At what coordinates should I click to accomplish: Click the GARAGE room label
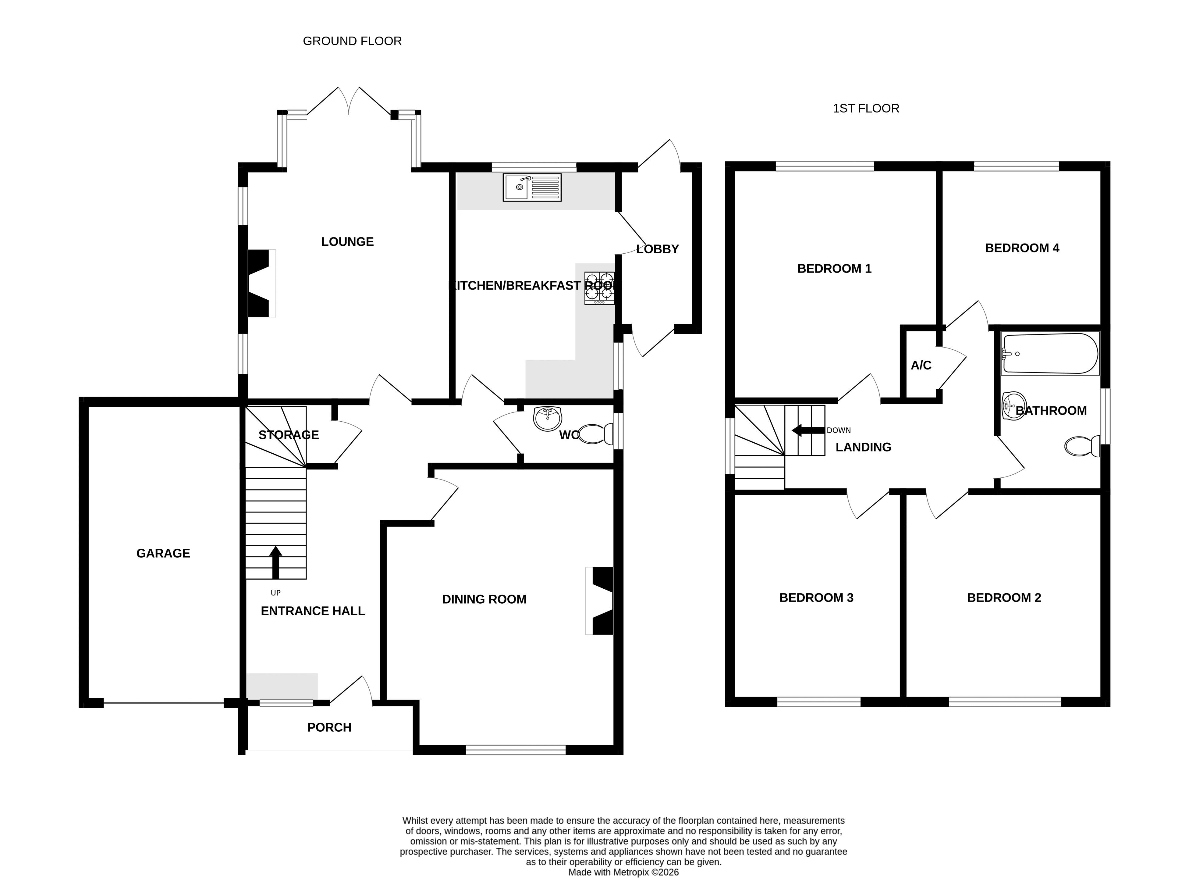pyautogui.click(x=163, y=553)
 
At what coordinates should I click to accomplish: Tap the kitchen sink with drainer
pyautogui.click(x=532, y=187)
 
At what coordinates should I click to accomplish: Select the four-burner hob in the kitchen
pyautogui.click(x=599, y=288)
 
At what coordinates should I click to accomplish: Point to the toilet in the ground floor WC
pyautogui.click(x=595, y=434)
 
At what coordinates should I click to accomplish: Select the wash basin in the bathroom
pyautogui.click(x=1014, y=406)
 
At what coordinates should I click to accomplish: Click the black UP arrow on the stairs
pyautogui.click(x=275, y=562)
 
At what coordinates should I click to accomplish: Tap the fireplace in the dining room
pyautogui.click(x=599, y=601)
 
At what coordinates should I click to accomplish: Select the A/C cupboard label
pyautogui.click(x=921, y=365)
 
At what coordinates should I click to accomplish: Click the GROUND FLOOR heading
pyautogui.click(x=352, y=41)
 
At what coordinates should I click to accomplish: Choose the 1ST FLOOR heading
pyautogui.click(x=866, y=109)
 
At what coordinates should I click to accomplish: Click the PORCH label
pyautogui.click(x=329, y=727)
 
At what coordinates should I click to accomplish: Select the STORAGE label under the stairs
pyautogui.click(x=289, y=435)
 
